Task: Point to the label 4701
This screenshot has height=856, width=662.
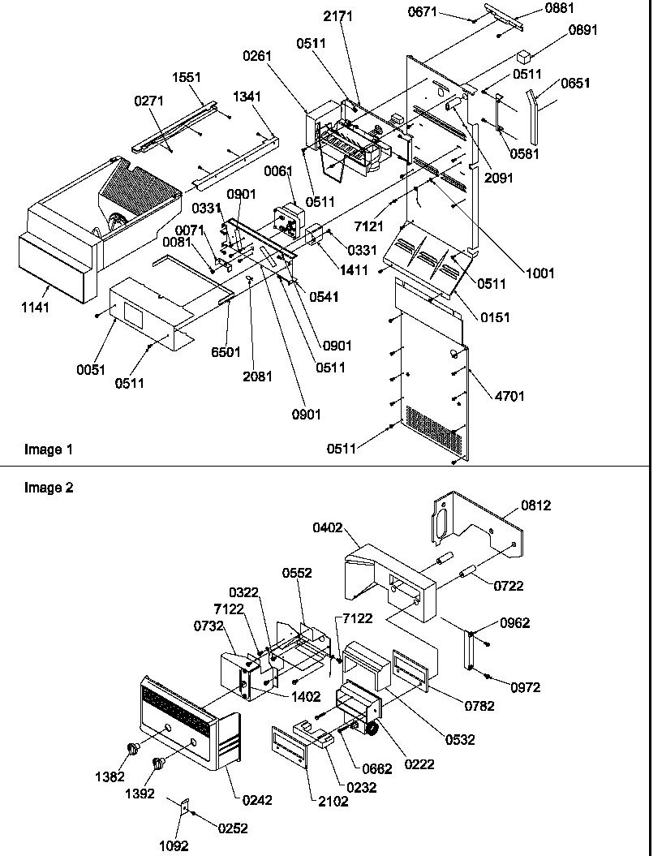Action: (x=510, y=396)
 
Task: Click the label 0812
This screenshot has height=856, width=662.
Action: (x=535, y=505)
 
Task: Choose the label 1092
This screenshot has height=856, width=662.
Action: (x=174, y=845)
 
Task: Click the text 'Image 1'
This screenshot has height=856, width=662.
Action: (x=43, y=450)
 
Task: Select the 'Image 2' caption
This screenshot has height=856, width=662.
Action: (x=43, y=488)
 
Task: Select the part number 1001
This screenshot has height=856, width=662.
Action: (x=539, y=273)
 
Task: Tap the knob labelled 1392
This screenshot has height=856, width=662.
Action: (x=158, y=763)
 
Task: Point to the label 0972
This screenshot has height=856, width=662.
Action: (x=526, y=687)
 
